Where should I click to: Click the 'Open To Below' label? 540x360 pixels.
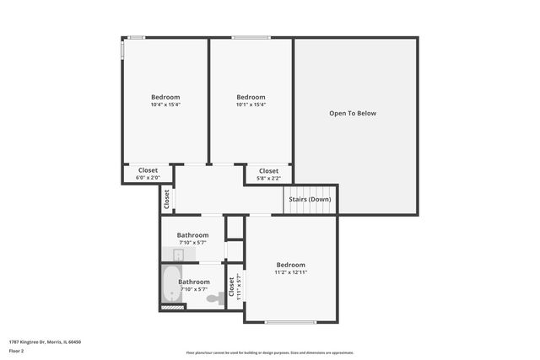point(353,113)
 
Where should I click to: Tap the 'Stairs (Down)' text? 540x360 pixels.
point(310,199)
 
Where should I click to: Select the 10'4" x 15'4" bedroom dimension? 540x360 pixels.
point(165,105)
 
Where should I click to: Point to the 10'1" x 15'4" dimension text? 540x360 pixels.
point(251,105)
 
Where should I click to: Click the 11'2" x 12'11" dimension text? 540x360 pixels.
point(290,272)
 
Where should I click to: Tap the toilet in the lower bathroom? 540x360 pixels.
point(213,298)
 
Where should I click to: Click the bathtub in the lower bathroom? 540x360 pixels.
point(171,285)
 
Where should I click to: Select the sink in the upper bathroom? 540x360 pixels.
point(178,255)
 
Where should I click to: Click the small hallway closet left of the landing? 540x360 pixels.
point(167,199)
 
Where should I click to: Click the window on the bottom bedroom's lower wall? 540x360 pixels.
point(290,322)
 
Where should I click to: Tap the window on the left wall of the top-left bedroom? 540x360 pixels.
point(123,50)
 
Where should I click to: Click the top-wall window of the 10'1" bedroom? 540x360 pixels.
point(251,37)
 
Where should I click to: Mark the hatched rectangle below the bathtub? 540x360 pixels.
point(171,307)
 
